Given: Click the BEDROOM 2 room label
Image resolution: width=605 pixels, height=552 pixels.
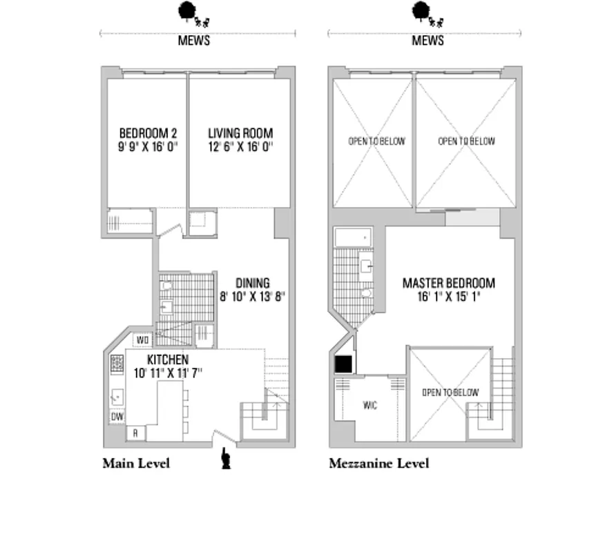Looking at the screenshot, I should point(148,133).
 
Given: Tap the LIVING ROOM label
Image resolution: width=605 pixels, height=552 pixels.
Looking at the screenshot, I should point(240,133).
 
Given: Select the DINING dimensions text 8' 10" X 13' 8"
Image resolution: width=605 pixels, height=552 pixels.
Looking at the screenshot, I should point(252,296).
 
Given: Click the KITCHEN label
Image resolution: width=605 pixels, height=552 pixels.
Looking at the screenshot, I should point(167,360).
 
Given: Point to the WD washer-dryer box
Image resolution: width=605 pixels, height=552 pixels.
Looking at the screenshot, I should point(143,339).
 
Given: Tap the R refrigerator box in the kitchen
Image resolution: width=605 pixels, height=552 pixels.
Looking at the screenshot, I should point(136,433).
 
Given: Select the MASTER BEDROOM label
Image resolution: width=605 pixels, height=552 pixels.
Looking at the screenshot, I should point(448,283).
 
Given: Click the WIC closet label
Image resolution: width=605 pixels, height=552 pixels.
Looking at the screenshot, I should point(369,406).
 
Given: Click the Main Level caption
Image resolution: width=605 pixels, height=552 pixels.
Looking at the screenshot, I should point(135,463).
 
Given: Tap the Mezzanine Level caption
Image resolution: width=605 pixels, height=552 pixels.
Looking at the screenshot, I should point(378,463).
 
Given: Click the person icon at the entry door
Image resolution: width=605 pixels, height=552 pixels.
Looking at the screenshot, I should point(224,458).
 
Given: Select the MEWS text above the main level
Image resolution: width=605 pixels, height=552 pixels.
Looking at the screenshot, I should point(193,40).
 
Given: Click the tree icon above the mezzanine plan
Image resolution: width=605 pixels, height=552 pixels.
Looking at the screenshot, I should point(419,10).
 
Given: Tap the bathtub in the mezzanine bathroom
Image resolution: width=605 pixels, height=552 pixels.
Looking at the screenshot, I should point(353,238).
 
